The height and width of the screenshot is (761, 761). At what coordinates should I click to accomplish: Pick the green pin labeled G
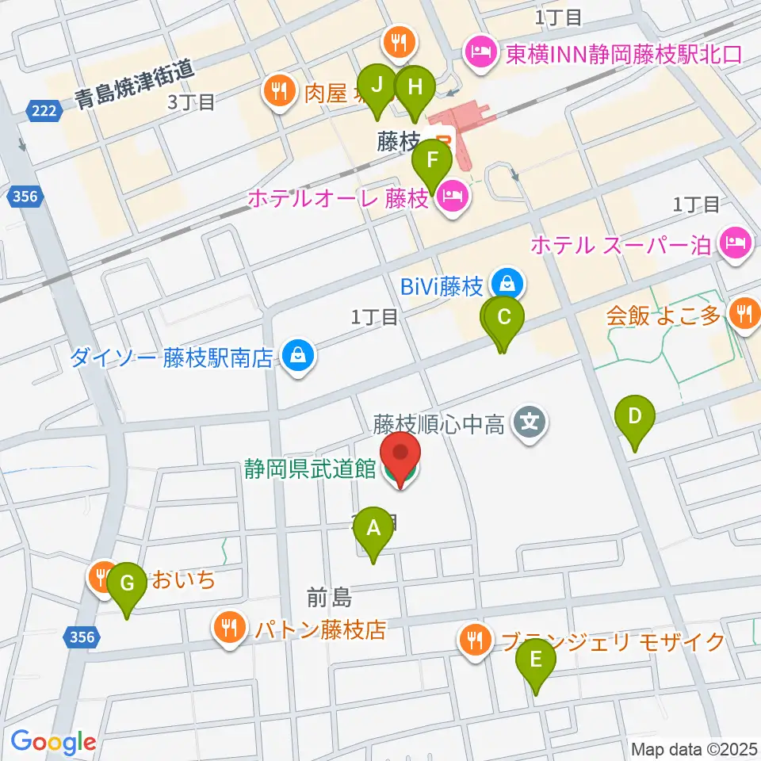click(127, 587)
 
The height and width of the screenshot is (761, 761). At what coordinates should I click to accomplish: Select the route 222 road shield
click(44, 110)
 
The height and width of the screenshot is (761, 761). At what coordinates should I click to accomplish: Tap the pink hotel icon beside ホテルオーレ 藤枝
click(452, 199)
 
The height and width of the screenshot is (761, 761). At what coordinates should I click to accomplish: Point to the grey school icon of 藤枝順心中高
click(530, 419)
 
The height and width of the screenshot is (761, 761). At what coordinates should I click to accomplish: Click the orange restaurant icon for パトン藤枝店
click(230, 629)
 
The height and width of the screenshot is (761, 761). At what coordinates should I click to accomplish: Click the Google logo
click(53, 742)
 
